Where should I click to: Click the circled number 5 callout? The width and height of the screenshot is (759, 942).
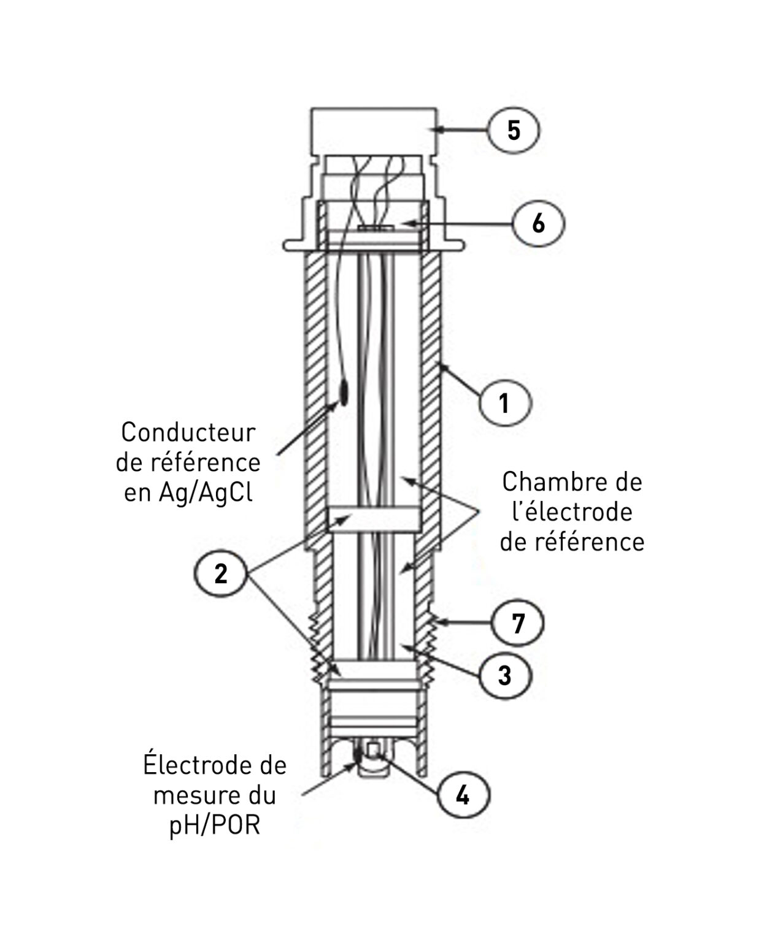[514, 130]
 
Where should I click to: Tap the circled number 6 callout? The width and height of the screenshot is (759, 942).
[538, 223]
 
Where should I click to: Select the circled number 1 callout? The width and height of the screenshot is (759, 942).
[504, 404]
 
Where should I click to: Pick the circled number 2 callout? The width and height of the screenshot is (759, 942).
[220, 575]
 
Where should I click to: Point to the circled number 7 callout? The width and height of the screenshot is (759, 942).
[518, 623]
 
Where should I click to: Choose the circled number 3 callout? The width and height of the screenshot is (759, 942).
[504, 675]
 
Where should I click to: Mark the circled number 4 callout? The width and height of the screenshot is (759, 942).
[462, 795]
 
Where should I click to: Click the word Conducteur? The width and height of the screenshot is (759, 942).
[188, 432]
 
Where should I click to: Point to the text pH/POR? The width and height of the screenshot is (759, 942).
[214, 825]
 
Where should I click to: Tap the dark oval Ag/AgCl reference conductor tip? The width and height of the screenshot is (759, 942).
[342, 391]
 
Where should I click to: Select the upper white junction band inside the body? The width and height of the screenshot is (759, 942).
[374, 519]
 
